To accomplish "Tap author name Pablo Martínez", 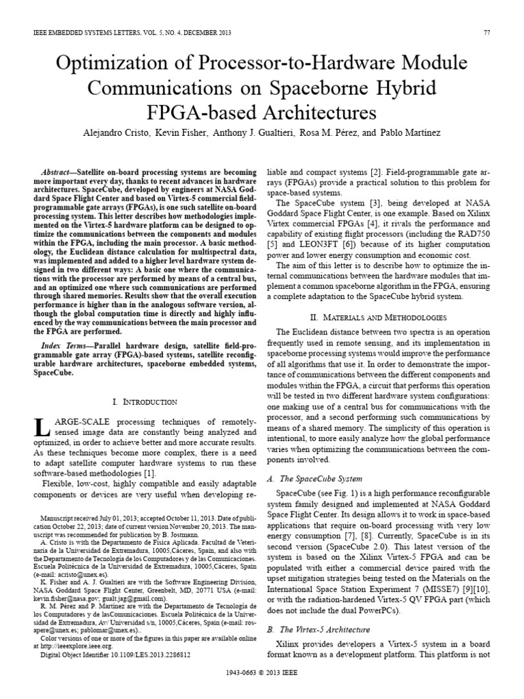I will coord(429,132).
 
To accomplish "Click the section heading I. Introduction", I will coord(145,402).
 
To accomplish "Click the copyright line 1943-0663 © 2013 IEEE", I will coord(262,690).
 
